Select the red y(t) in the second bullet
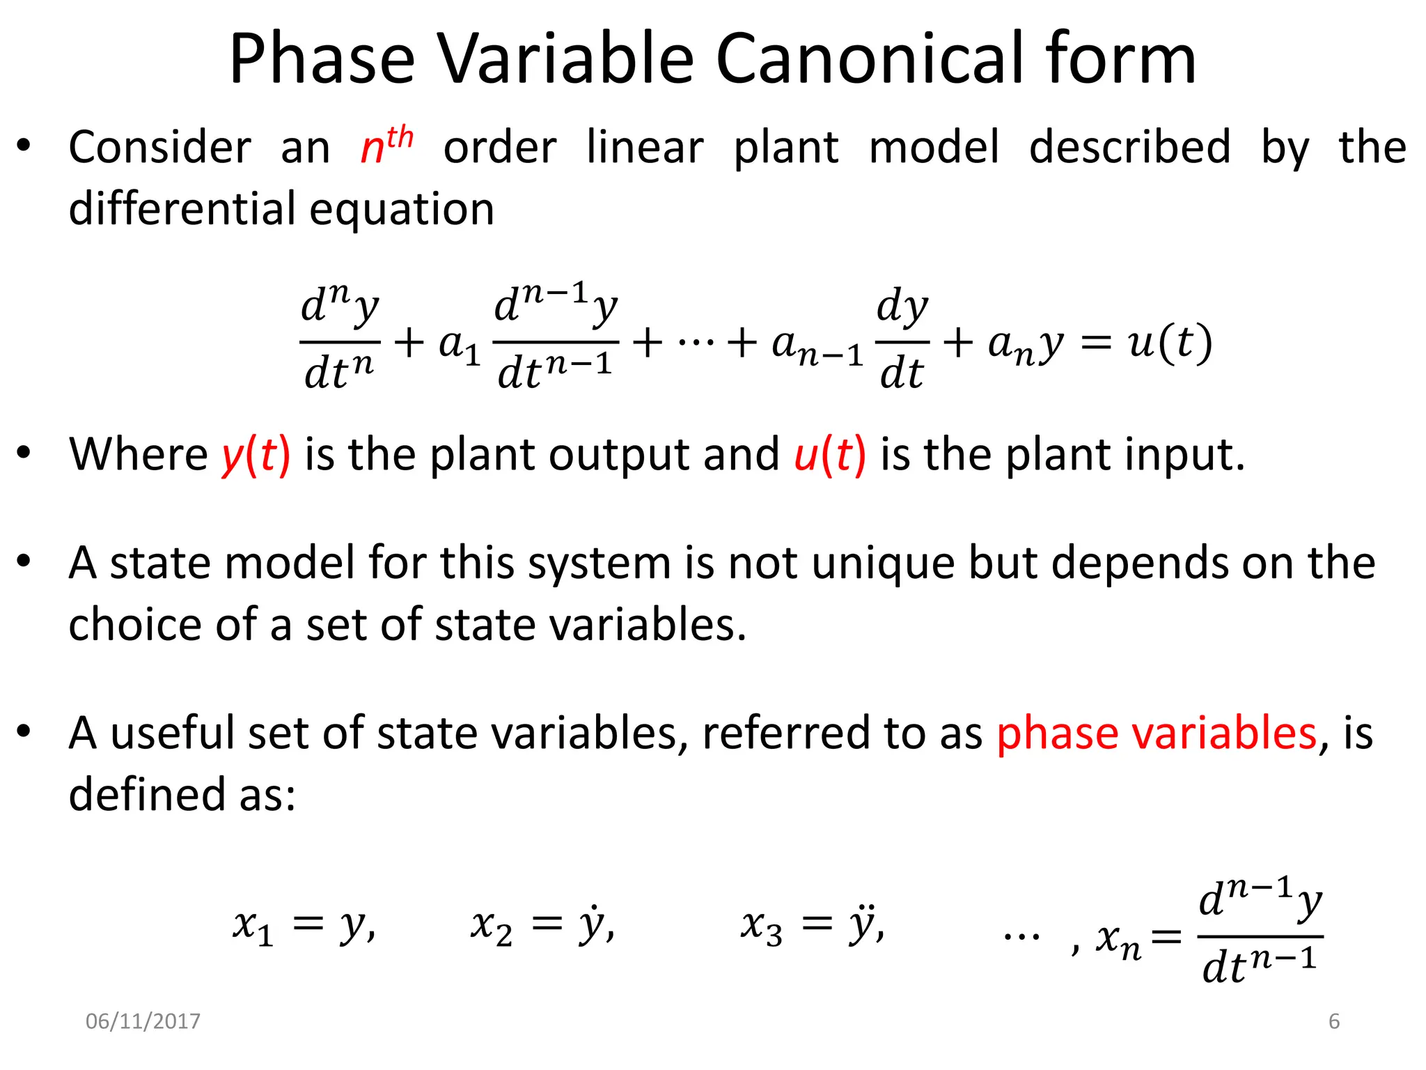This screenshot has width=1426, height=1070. point(256,455)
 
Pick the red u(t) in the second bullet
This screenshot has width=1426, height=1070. point(830,455)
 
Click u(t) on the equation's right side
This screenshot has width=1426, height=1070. point(1170,343)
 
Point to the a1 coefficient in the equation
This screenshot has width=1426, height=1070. point(459,345)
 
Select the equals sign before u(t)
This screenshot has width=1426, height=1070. point(1095,343)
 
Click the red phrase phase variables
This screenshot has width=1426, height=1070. point(1157,733)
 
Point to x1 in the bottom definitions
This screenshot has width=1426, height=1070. point(252,926)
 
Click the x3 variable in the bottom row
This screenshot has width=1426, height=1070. point(761,926)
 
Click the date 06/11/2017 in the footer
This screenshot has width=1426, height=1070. point(143,1021)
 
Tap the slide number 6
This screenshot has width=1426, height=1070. point(1334,1021)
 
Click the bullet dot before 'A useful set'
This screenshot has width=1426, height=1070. point(24,731)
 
